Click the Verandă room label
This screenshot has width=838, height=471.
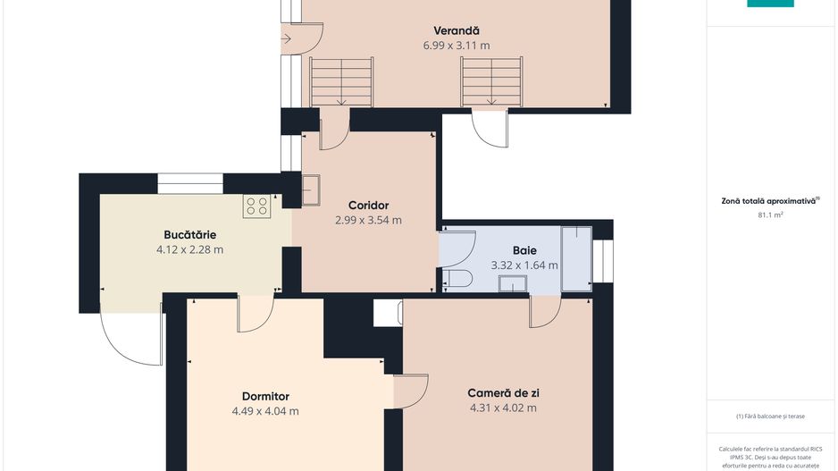point(457,31)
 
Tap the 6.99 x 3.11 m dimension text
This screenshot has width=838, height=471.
point(457,46)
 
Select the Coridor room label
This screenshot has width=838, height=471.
point(368,206)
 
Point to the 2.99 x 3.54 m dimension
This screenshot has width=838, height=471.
point(368,220)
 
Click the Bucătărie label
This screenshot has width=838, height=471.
point(189,235)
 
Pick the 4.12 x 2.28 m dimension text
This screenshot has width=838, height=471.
point(189,249)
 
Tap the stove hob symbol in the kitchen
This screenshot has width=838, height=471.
point(256,206)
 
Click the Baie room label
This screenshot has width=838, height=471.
point(524,250)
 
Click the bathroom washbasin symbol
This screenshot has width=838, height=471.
point(513,283)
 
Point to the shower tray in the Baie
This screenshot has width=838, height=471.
point(576,259)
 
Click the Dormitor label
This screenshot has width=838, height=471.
point(265,397)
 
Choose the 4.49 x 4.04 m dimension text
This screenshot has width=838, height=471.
point(265,411)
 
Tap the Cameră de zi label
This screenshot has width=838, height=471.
point(504,393)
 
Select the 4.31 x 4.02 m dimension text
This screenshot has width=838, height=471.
point(504,408)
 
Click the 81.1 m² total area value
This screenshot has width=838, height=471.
point(770,214)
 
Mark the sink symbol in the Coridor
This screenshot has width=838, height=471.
point(311,190)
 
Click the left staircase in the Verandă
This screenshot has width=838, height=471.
point(341,82)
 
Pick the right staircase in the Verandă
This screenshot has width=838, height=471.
point(491,82)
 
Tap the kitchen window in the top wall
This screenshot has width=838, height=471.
point(190,183)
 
